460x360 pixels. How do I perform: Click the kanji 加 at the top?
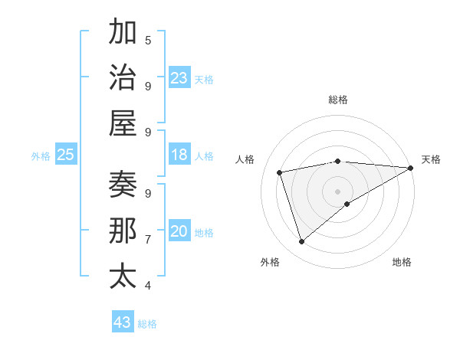point(123,33)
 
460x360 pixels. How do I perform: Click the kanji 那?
point(123,231)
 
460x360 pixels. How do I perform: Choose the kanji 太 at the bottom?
point(123,276)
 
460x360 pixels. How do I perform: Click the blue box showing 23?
point(179,78)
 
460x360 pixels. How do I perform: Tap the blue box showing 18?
point(179,155)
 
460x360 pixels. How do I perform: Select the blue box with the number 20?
point(179,231)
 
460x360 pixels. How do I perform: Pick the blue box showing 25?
point(66,155)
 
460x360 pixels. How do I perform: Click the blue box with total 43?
point(123,322)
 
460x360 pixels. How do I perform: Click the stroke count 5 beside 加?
point(148,40)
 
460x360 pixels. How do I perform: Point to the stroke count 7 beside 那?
point(148,239)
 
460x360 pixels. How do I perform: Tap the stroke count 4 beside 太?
point(148,285)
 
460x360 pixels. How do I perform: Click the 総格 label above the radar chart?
point(337,100)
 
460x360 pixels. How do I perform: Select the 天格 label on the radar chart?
point(432,159)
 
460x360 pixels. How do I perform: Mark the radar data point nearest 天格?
point(411,168)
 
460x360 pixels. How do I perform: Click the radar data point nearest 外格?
point(301,242)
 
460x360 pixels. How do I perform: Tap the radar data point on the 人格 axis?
point(280,172)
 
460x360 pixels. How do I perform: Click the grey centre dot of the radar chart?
point(337,191)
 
